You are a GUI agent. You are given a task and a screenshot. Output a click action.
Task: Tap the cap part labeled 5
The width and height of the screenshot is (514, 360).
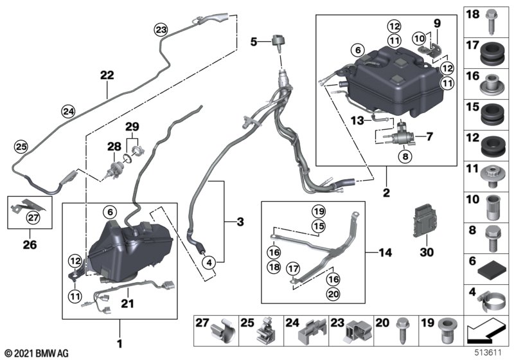tap(278, 42)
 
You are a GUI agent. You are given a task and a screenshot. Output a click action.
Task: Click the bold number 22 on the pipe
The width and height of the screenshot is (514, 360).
tap(107, 75)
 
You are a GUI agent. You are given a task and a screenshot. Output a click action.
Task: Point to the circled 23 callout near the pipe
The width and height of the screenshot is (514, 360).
tap(161, 30)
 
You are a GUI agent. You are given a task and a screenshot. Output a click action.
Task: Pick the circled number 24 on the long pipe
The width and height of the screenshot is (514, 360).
tap(69, 111)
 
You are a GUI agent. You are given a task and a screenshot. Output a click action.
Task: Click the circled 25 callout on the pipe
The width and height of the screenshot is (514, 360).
tap(21, 147)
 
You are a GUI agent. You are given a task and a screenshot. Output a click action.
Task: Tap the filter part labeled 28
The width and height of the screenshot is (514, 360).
tap(114, 168)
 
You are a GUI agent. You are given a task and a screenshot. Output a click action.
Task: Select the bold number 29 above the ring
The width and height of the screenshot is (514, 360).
tap(132, 126)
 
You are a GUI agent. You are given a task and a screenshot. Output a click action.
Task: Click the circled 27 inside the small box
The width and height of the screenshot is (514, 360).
tap(33, 217)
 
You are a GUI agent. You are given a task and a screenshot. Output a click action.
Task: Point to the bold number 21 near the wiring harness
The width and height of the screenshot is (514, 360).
tap(127, 303)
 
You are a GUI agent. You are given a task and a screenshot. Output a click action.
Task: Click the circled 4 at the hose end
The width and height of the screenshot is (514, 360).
tap(209, 262)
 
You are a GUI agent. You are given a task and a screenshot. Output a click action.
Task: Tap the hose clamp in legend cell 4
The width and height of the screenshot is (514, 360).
tap(490, 302)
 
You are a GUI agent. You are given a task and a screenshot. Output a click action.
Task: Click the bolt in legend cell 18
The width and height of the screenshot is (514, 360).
tap(491, 22)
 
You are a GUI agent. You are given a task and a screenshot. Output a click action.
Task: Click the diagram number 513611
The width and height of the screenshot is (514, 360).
tap(488, 352)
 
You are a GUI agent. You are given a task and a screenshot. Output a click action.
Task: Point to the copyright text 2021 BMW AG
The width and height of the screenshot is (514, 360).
tap(37, 353)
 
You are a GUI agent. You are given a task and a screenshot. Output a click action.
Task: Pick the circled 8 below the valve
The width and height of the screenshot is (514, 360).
tap(405, 156)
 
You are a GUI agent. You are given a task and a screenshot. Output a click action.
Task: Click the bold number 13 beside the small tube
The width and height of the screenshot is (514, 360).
tap(358, 121)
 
